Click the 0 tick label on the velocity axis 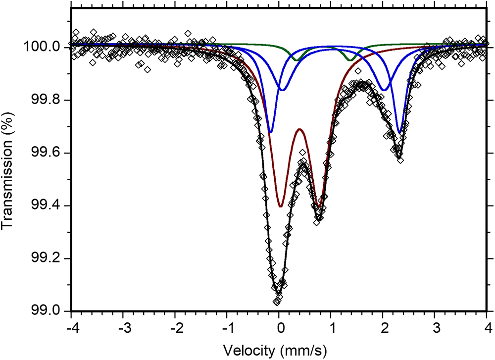(280, 327)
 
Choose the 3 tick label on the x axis (435, 327)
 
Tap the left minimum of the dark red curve (280, 206)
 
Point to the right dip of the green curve (350, 60)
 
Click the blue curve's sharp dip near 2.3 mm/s (399, 133)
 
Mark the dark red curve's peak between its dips (299, 129)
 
